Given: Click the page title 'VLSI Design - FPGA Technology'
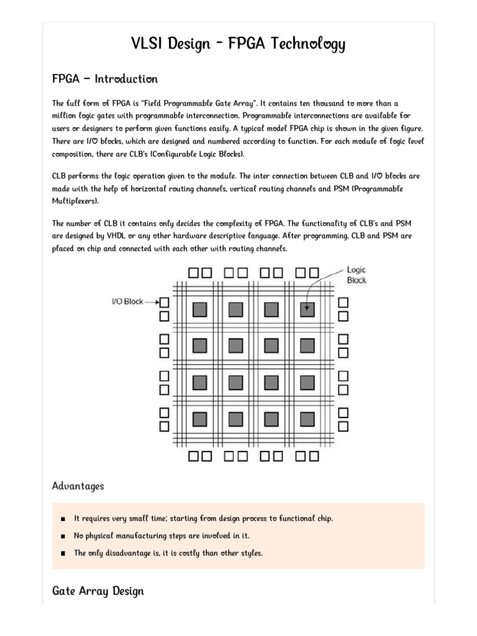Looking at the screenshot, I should coord(238,44).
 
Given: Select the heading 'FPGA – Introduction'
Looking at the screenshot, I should coord(105,79).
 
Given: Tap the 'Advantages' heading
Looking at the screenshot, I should coord(78,486).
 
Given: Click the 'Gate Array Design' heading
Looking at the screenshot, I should coord(98,591).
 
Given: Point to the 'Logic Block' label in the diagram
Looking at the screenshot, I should coord(357,275).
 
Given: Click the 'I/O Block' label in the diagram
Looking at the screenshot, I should coord(127,302).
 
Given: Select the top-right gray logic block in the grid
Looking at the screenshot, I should coord(307,309).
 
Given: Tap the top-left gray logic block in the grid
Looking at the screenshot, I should coord(199,309).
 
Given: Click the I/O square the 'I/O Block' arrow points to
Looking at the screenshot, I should coord(165,302).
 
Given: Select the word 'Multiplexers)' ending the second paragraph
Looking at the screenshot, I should coord(75,201).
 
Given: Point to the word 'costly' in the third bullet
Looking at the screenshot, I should coord(188,553).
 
